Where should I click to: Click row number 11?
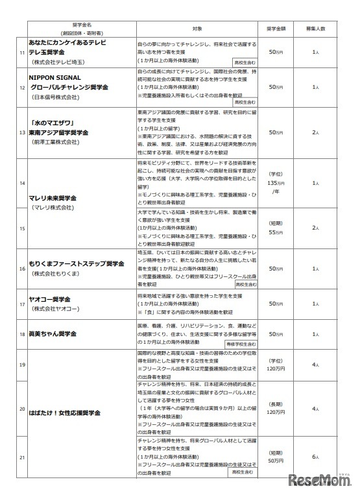pyautogui.click(x=23, y=52)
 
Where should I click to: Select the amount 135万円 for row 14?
pyautogui.click(x=276, y=184)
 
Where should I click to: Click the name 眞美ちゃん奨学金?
pyautogui.click(x=59, y=333)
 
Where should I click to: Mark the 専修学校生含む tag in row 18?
pyautogui.click(x=241, y=343)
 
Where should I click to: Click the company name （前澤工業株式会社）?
pyautogui.click(x=56, y=141)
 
